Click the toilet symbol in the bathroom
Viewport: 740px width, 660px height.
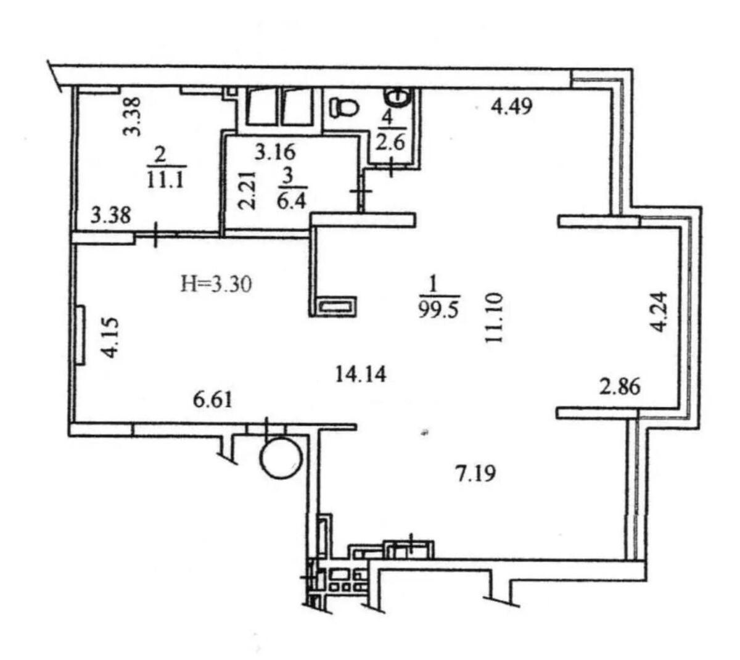pos(343,108)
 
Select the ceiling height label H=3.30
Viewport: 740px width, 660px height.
pos(216,284)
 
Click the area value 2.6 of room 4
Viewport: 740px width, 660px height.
pos(390,143)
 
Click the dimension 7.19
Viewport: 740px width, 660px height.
pos(477,474)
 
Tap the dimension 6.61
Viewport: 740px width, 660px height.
pos(213,400)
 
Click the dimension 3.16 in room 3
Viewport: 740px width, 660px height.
pos(276,151)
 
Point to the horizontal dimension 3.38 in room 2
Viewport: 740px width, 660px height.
pos(112,215)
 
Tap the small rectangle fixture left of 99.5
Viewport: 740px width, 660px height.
pos(336,307)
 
